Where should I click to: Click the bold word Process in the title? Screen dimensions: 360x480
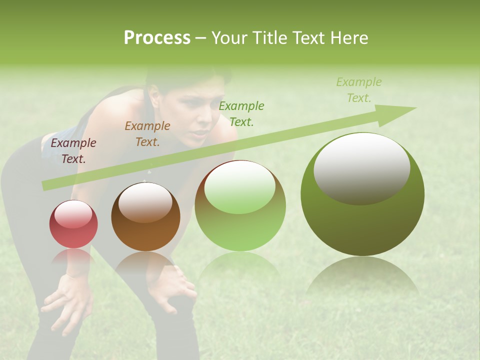[157, 38]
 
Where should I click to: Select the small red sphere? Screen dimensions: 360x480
[73, 224]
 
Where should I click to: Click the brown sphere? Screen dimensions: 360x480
[145, 217]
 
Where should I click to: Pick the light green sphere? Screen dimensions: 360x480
[240, 205]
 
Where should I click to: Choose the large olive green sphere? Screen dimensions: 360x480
[362, 194]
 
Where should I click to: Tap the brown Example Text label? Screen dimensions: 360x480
[147, 134]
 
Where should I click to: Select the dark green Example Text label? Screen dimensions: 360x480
[241, 113]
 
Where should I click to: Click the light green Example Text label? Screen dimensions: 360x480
[359, 89]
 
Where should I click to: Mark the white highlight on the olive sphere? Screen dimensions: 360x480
[361, 168]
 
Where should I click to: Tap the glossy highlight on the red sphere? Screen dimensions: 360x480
[73, 214]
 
